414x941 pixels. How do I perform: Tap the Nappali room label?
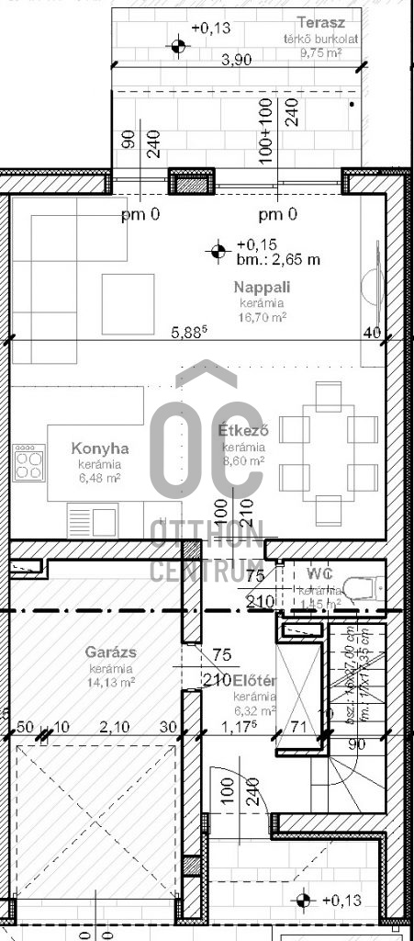click(263, 289)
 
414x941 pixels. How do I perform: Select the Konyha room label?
click(100, 449)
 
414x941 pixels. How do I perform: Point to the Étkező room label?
click(243, 430)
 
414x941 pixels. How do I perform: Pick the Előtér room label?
click(255, 681)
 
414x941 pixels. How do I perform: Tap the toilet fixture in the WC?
click(364, 584)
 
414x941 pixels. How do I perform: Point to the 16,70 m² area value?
click(263, 317)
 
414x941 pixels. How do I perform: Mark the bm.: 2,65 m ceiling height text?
click(278, 259)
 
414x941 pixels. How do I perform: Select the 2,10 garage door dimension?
click(114, 728)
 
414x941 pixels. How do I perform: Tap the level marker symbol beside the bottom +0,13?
click(306, 900)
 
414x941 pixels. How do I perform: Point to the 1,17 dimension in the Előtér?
click(238, 728)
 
